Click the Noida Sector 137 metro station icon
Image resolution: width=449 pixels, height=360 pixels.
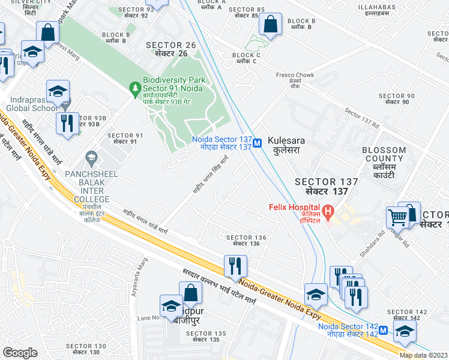(x=257, y=143)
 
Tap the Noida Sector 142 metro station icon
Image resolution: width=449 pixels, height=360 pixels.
(x=383, y=330)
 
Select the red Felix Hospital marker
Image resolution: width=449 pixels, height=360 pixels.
(x=328, y=211)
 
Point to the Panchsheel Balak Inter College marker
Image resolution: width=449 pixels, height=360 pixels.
(x=91, y=158)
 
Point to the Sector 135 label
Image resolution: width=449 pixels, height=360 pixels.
(x=209, y=337)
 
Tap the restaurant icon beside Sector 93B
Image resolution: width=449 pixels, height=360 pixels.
(x=65, y=123)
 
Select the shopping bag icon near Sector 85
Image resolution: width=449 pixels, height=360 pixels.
(x=271, y=25)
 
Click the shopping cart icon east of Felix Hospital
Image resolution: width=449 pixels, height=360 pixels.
(x=397, y=217)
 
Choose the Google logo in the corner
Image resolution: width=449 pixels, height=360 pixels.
(x=20, y=353)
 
